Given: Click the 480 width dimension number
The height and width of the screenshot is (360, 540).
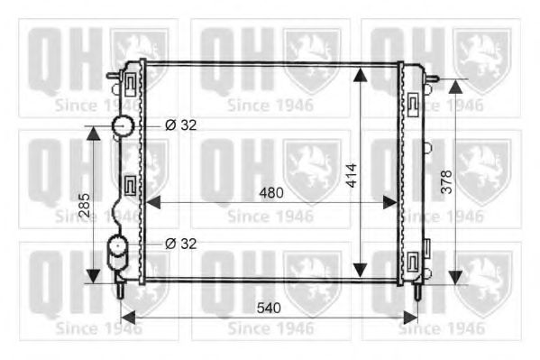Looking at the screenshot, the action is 271,193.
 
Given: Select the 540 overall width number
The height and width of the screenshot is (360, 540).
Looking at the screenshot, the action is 269,308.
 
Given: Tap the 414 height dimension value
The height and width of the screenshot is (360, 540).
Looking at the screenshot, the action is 352,176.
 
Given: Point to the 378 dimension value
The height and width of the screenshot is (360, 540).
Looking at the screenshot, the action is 446,181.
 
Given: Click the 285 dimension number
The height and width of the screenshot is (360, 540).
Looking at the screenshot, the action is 85,205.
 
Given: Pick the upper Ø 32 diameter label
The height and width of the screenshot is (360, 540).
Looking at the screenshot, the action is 181,125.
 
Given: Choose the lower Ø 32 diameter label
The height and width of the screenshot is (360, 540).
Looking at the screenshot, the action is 181,244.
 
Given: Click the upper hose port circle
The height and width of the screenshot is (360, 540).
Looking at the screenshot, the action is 123,126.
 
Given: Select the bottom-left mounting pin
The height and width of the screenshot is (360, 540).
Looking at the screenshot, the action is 121,289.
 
